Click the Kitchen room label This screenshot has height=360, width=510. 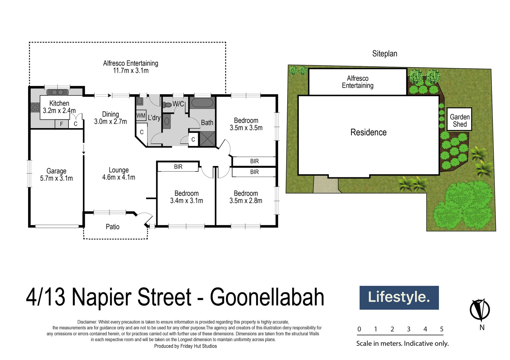[59, 103]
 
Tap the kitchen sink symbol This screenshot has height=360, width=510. [57, 92]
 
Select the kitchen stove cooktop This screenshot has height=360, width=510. [35, 107]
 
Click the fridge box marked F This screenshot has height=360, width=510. [61, 124]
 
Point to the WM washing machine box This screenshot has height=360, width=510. [141, 116]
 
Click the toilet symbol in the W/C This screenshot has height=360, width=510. [167, 104]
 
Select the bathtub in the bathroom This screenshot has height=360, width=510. [202, 103]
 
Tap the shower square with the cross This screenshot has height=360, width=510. [207, 139]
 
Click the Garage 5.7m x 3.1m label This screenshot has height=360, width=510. [56, 175]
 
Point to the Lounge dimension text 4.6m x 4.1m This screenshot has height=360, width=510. [118, 177]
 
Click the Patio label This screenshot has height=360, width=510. [112, 227]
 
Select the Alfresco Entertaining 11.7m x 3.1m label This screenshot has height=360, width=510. [130, 67]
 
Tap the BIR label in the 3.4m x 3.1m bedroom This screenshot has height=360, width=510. [178, 167]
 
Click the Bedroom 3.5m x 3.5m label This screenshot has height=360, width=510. [246, 124]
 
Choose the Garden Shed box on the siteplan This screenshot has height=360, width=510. [459, 119]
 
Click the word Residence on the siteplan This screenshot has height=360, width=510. [368, 132]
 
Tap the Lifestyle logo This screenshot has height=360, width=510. [399, 297]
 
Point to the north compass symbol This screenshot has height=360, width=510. [480, 310]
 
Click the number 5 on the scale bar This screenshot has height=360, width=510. [442, 329]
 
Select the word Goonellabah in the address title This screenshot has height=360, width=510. [267, 297]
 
